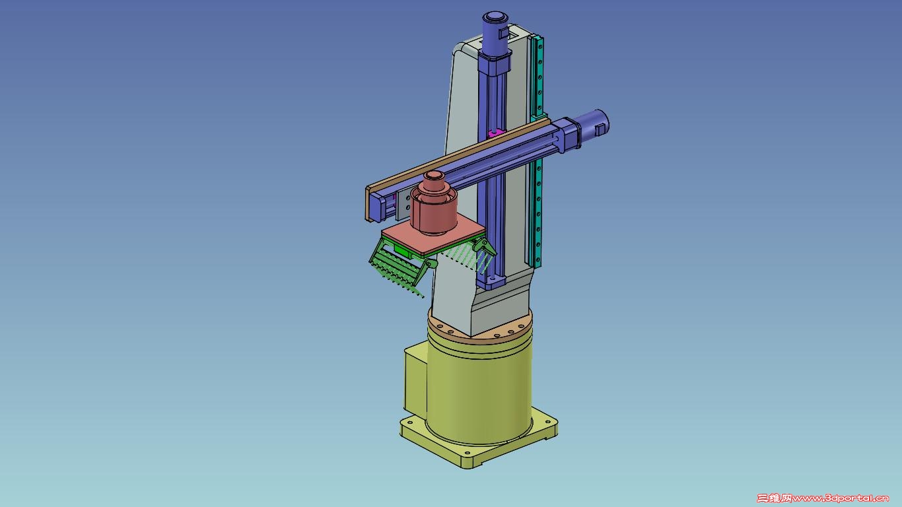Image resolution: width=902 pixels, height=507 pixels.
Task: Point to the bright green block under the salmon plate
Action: point(402,252)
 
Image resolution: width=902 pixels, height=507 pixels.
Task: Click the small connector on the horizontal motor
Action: point(600,129)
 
